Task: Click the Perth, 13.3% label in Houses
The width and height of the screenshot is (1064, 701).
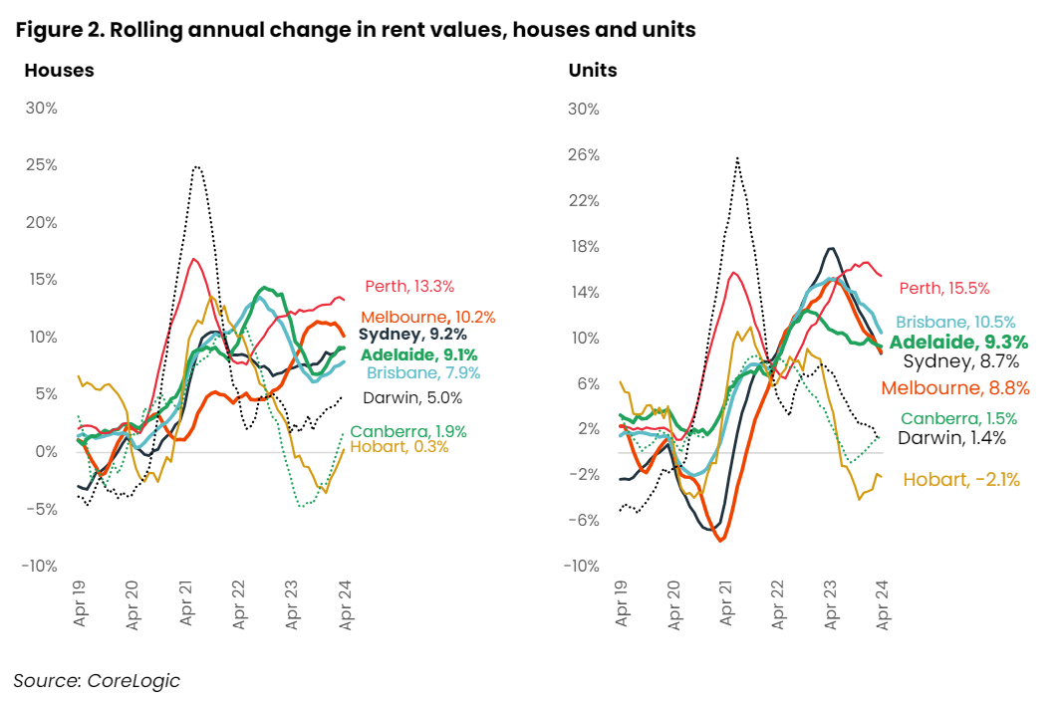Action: [409, 287]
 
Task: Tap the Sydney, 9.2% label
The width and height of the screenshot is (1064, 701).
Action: [412, 335]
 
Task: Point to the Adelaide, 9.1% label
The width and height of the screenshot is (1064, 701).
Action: [419, 354]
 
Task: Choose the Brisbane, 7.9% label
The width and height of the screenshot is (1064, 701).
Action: [423, 373]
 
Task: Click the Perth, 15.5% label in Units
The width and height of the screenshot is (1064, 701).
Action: [943, 289]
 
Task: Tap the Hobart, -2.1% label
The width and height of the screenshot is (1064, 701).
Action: [961, 480]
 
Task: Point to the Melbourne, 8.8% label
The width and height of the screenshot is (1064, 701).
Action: [955, 388]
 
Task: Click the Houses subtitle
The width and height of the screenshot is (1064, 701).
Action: [59, 71]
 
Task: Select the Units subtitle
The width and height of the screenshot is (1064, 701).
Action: [593, 71]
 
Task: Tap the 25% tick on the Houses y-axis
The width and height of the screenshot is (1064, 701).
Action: [41, 165]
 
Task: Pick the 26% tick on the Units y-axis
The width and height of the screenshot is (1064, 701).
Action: [583, 155]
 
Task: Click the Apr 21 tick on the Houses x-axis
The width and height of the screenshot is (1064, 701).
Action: [187, 603]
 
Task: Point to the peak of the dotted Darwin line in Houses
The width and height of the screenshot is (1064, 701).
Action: [197, 167]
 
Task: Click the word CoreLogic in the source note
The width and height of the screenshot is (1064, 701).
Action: [133, 681]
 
